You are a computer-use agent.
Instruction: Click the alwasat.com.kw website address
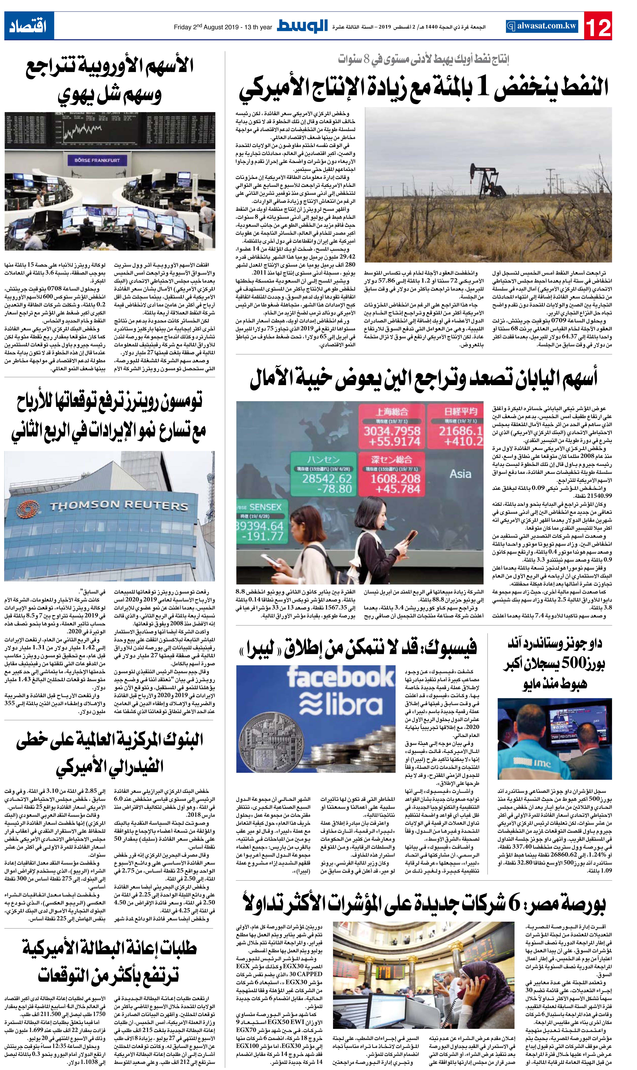coord(542,26)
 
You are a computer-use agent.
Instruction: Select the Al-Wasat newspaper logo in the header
coord(302,26)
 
